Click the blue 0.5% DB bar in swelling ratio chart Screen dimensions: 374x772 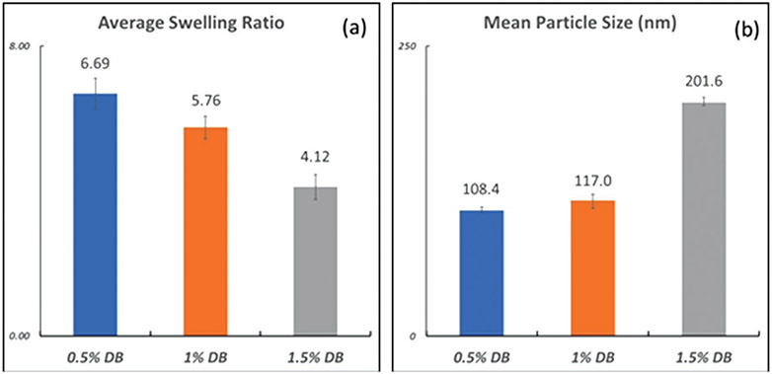96,214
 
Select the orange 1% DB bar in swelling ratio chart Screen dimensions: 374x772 205,231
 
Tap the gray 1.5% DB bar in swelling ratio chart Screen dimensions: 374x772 316,261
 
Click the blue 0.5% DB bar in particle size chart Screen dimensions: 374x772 483,272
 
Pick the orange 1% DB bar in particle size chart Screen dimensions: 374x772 593,267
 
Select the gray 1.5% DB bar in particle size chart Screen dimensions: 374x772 704,219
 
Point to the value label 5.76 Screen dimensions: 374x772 205,100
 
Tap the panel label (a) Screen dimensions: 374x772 354,29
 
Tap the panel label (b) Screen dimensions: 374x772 743,29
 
